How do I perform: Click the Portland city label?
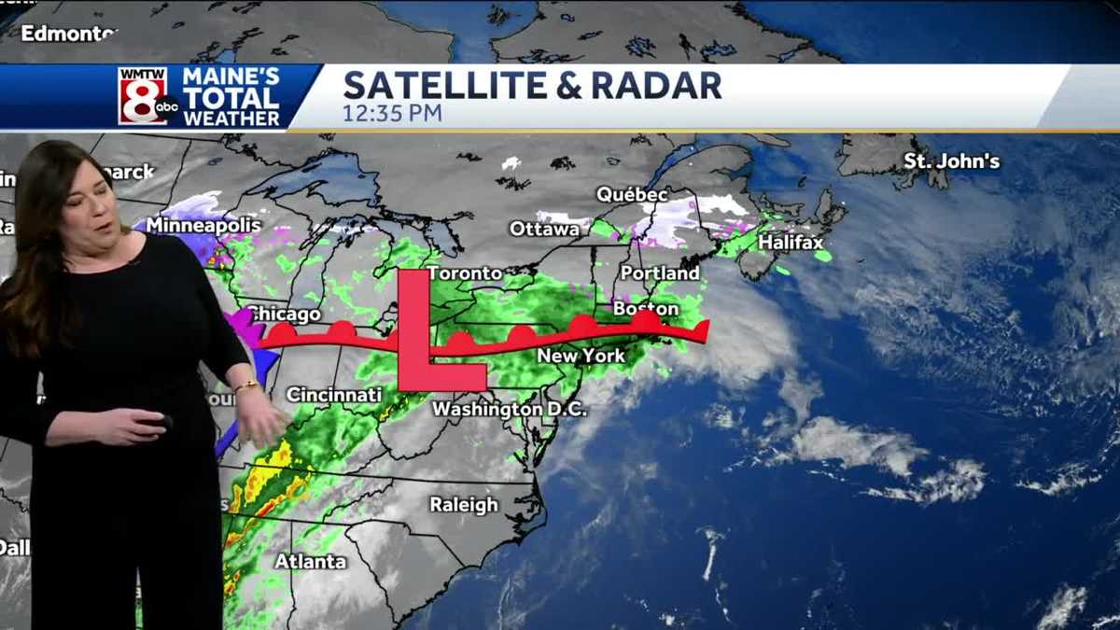(x=660, y=273)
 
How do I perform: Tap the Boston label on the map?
(x=645, y=308)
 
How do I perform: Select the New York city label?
(x=581, y=357)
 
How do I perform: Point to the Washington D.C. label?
(x=510, y=409)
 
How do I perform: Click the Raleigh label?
(x=464, y=505)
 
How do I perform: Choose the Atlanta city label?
(x=310, y=562)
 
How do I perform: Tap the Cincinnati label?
(x=334, y=395)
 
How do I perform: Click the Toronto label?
(x=466, y=273)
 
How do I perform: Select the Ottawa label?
(x=544, y=229)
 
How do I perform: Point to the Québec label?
(x=633, y=195)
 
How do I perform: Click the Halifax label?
(x=791, y=243)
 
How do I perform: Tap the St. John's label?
(x=951, y=161)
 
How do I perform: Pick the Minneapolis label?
(x=203, y=225)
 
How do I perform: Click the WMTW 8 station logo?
(x=147, y=96)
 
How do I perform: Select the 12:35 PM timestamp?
(x=392, y=114)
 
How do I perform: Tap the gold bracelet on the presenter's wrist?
(x=246, y=385)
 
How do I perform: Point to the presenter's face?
(x=93, y=201)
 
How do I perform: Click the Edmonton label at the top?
(x=67, y=34)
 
